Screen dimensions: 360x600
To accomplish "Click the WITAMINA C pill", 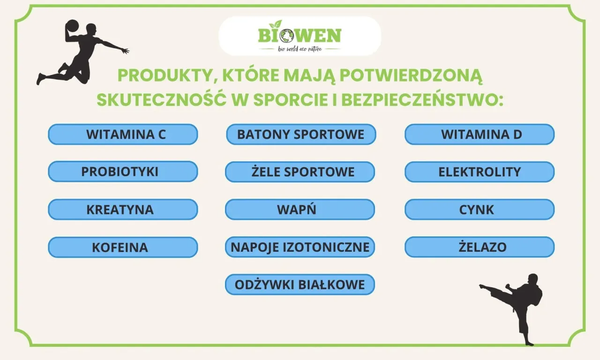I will coord(123,135).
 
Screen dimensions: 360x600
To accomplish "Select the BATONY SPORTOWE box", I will coord(301,135).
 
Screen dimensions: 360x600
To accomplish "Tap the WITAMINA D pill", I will coord(480,135).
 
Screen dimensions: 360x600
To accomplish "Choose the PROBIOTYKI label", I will coord(123,172).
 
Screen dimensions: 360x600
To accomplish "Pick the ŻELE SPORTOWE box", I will coord(300,172).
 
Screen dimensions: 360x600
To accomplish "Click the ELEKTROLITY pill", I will coord(480,172).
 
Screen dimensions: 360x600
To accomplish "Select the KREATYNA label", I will coord(123,210).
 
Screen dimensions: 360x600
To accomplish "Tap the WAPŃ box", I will coord(300,210).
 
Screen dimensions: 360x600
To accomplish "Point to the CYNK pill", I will coord(480,210).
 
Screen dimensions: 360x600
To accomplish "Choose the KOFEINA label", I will coord(123,247).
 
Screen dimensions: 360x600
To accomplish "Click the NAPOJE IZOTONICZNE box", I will coord(300,247).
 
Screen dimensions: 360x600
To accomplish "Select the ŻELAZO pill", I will coord(480,247).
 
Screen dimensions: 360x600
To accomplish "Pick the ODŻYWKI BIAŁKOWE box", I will coord(300,285).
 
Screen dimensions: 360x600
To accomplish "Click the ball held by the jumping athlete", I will coord(72,25).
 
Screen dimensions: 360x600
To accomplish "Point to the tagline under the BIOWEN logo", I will coord(300,49).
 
